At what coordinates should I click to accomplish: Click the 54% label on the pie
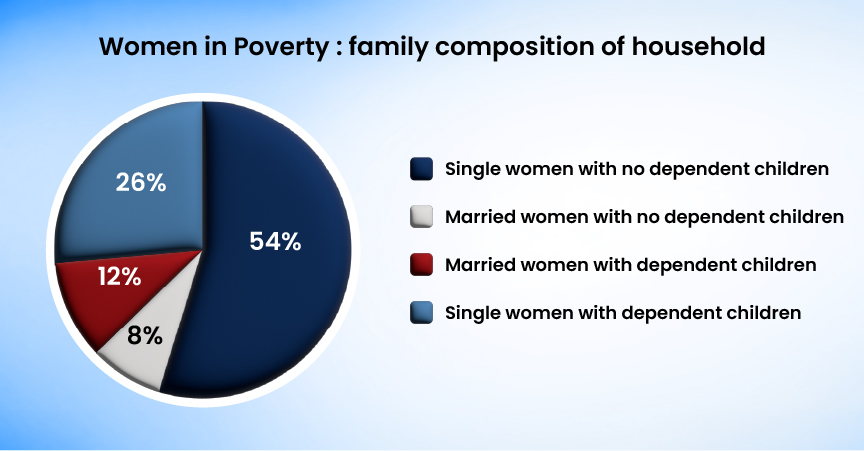point(276,242)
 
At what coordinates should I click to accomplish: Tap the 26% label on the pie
point(140,183)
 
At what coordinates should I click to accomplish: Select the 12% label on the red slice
point(119,277)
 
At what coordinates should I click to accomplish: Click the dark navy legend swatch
point(421,169)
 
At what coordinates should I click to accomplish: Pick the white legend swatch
point(421,217)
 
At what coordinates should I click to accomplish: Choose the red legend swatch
point(421,265)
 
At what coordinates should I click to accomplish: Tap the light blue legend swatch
point(421,313)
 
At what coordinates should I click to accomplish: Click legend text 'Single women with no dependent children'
point(637,169)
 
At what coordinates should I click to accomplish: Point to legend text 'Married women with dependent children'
point(631,265)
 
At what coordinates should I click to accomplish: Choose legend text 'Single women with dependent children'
point(623,313)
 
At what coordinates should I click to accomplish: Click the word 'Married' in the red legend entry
point(481,265)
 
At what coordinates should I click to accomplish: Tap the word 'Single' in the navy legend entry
point(473,169)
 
